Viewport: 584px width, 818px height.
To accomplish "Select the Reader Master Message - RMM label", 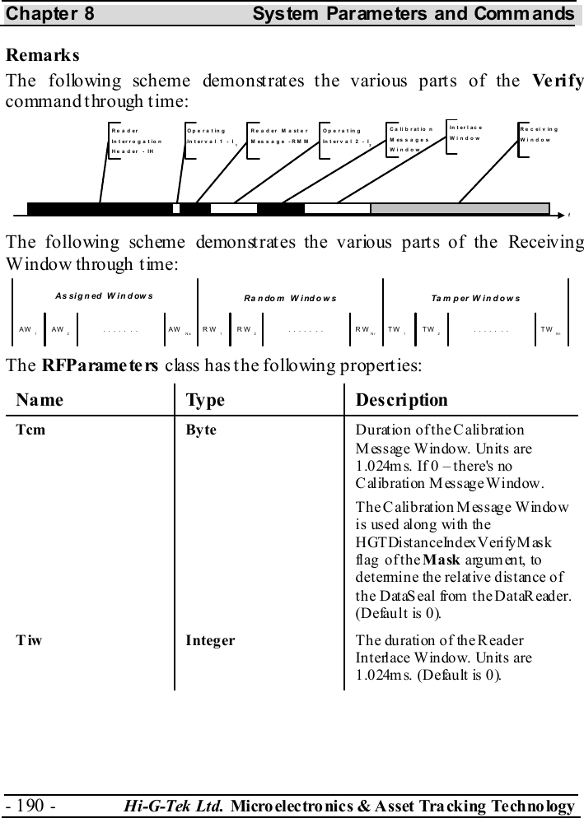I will click(x=278, y=136).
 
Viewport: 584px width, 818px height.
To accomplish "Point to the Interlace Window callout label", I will click(x=466, y=133).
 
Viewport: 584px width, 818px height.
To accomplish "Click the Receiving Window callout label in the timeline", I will click(x=540, y=135).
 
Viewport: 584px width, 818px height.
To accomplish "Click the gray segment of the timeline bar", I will click(x=460, y=208).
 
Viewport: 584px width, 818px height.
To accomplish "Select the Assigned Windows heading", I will click(x=104, y=295).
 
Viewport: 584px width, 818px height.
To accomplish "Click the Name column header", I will click(x=40, y=400).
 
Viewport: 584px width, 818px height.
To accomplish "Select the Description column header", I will click(x=402, y=400).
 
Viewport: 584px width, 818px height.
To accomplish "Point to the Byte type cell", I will click(x=202, y=430).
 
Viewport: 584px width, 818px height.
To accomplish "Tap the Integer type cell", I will click(x=211, y=639).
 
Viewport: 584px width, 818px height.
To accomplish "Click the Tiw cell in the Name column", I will click(x=30, y=639).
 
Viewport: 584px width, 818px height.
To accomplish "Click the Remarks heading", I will click(x=43, y=57).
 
